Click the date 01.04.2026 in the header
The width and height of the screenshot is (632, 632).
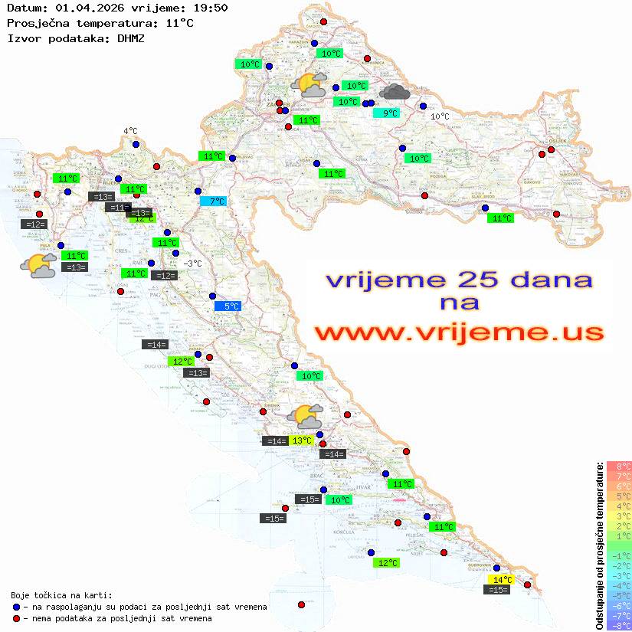87,8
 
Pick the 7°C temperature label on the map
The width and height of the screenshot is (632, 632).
214,201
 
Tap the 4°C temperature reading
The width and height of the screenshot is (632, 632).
130,132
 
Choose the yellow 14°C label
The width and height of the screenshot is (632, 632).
502,580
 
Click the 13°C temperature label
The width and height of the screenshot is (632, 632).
302,440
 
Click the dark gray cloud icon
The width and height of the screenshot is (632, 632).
395,93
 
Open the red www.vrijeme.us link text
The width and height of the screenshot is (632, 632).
459,333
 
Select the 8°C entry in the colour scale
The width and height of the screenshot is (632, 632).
619,466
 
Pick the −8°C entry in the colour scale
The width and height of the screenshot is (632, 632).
619,626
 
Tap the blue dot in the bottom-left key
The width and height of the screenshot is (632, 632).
16,607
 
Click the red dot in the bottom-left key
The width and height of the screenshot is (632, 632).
16,618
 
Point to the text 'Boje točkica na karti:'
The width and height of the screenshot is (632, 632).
61,595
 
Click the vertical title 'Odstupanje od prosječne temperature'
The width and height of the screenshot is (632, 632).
599,545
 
